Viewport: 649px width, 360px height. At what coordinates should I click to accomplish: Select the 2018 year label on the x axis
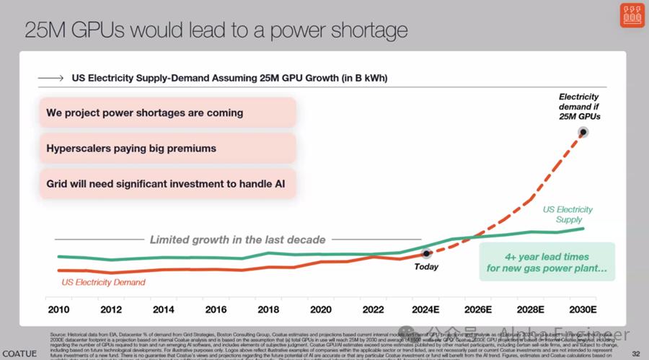(x=268, y=309)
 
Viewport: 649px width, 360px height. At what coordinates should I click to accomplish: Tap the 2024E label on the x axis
(x=426, y=309)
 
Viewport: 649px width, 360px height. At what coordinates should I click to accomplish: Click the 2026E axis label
(x=478, y=309)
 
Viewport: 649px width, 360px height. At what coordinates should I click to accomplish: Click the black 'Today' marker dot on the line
(x=426, y=253)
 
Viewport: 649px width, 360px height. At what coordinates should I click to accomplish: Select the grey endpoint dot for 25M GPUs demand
(x=583, y=132)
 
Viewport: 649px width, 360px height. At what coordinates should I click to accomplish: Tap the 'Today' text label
(x=426, y=266)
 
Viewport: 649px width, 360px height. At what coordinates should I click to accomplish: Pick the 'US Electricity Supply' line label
(x=568, y=214)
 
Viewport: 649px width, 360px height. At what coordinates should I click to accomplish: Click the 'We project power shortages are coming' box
(x=166, y=113)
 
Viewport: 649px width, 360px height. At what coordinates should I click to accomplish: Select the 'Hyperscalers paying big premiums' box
(x=166, y=149)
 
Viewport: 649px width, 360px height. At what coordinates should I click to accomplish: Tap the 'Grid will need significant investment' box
(x=166, y=184)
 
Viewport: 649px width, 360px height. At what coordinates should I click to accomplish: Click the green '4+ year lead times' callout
(x=547, y=263)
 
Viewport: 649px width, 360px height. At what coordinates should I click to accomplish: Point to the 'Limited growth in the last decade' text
(x=237, y=239)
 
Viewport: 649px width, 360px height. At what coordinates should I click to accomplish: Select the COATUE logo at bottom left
(x=18, y=353)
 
